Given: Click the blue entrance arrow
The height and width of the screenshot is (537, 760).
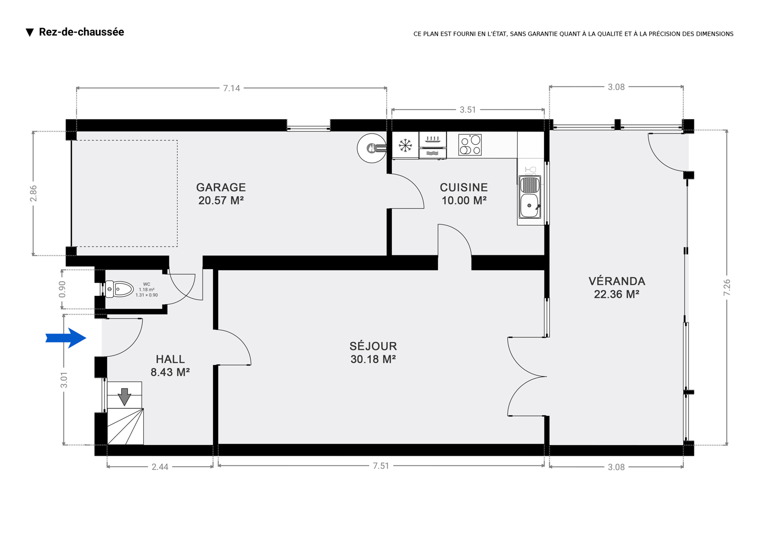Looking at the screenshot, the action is (x=66, y=338).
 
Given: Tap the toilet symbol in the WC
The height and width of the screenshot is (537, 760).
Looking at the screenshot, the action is (x=119, y=289).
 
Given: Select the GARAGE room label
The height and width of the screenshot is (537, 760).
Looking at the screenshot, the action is (x=221, y=194).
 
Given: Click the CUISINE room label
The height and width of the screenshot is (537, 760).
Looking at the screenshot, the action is (x=464, y=194).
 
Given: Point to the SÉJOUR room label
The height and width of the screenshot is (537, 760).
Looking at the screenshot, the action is (x=373, y=352).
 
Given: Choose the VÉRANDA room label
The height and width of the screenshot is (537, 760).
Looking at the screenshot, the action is (x=617, y=288).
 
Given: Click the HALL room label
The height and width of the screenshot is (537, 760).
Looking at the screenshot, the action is (x=170, y=366).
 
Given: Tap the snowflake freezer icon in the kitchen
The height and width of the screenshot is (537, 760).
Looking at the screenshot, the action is (x=405, y=146).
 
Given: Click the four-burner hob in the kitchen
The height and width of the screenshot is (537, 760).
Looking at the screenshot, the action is (x=470, y=145).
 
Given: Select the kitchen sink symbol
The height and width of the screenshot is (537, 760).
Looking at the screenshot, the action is (x=530, y=197).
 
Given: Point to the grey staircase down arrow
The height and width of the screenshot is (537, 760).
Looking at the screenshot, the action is (x=124, y=397).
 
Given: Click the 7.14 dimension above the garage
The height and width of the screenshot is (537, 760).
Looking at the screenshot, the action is (x=231, y=88).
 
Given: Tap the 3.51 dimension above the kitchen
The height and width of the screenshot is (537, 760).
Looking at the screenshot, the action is (x=467, y=110).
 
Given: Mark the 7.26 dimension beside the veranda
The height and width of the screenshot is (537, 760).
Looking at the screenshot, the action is (x=727, y=288).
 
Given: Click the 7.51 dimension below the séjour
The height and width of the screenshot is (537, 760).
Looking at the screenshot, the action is (x=381, y=466).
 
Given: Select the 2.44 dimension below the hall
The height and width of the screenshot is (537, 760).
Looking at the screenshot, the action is (x=160, y=467).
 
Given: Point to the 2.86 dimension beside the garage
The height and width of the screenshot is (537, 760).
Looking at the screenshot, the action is (x=33, y=194).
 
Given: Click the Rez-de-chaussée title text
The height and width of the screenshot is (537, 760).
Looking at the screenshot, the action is (x=81, y=32).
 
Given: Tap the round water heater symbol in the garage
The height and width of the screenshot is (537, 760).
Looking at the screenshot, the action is (x=372, y=148).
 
